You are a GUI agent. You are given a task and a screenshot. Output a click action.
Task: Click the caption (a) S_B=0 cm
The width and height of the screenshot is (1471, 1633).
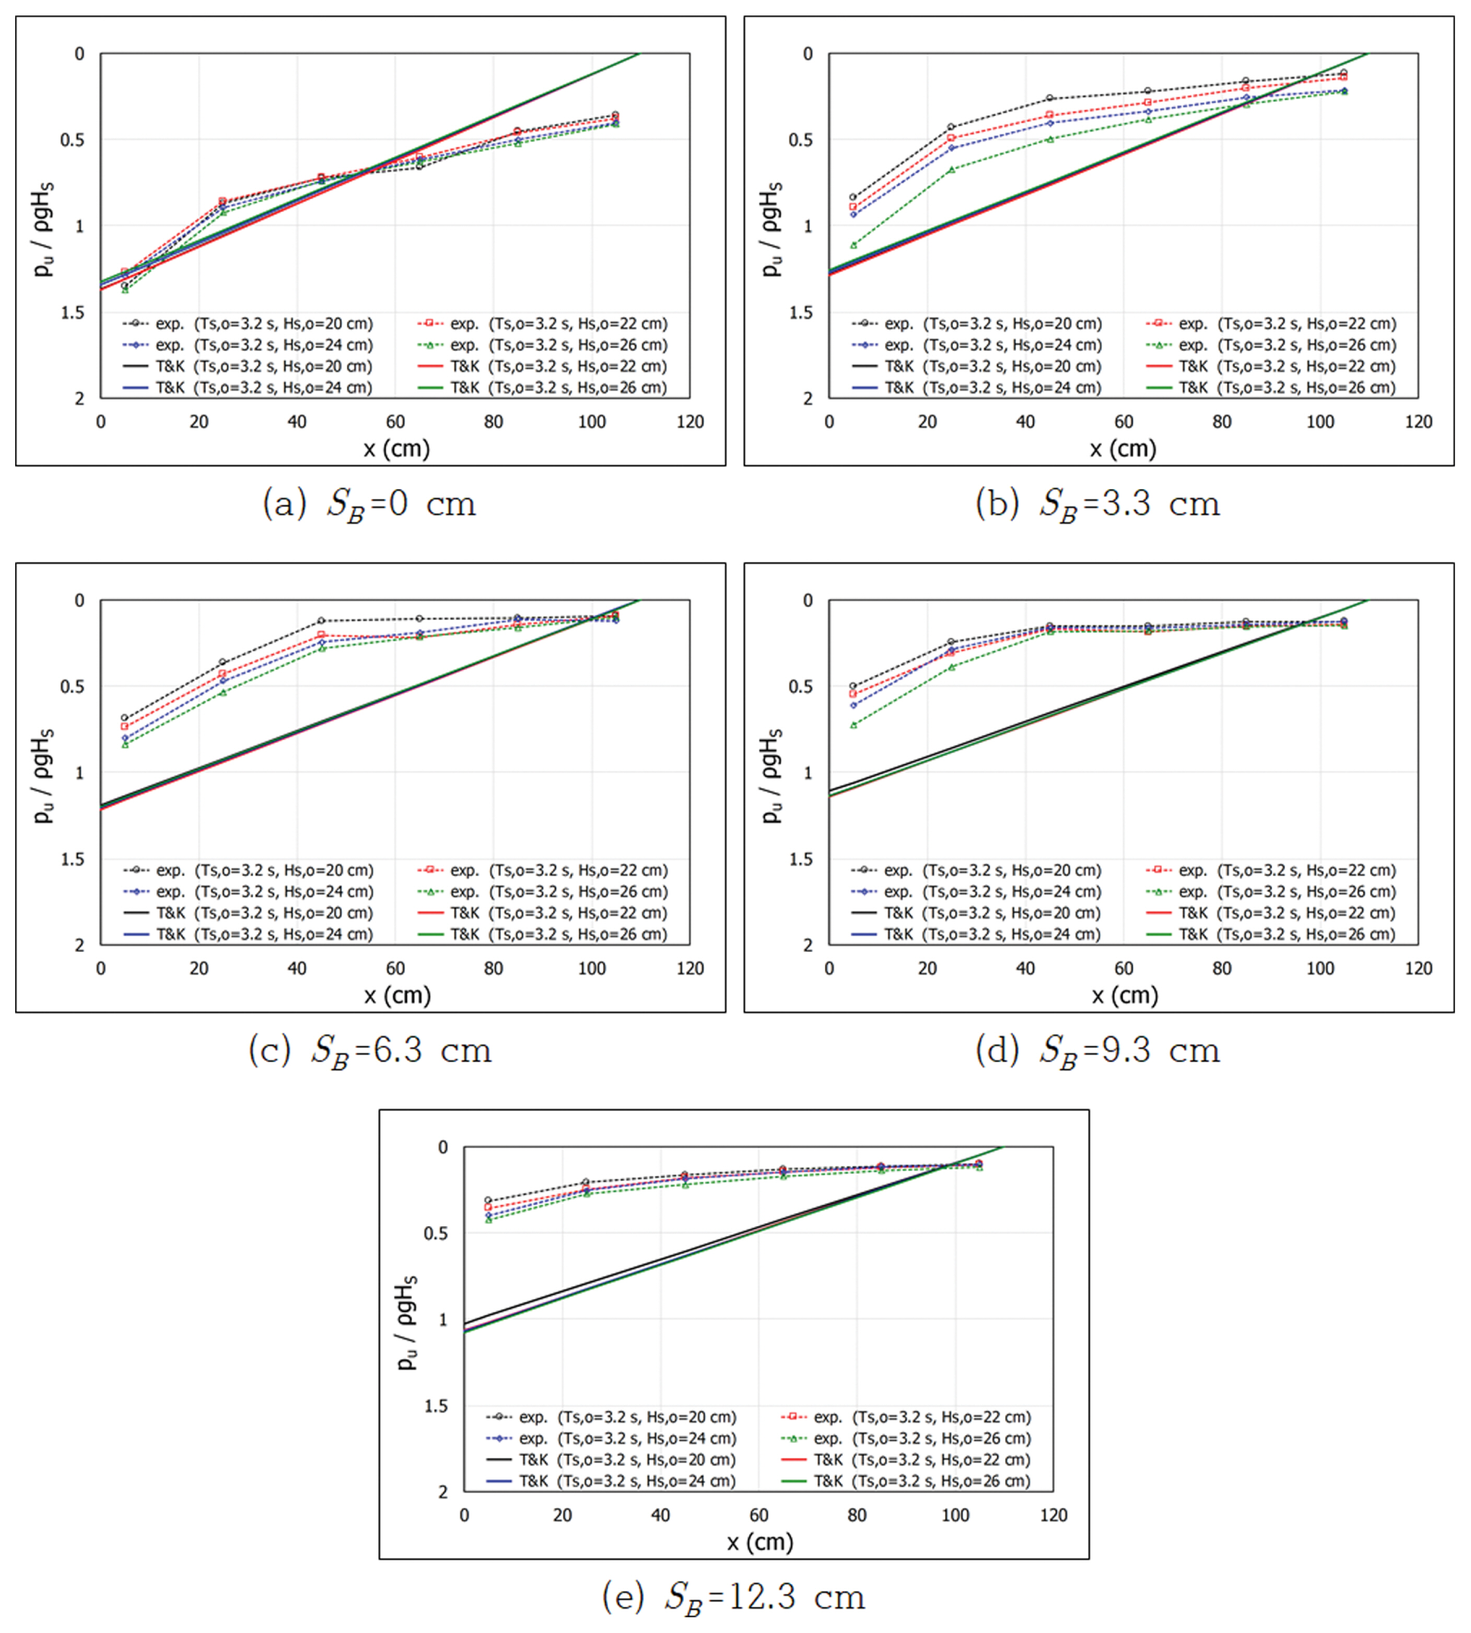[369, 505]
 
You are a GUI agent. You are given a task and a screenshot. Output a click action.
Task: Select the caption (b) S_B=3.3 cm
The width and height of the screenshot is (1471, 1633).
[1098, 505]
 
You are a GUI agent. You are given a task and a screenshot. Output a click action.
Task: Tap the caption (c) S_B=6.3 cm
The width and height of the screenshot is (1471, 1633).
[369, 1051]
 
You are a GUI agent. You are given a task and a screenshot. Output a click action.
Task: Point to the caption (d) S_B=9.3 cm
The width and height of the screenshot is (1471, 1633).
[1098, 1051]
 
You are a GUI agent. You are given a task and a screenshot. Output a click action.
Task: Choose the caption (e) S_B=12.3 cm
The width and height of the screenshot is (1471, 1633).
[733, 1597]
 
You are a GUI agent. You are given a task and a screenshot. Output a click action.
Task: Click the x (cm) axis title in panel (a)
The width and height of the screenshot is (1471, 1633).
[396, 449]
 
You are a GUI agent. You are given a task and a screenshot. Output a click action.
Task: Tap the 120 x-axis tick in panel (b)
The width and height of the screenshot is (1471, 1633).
[1418, 422]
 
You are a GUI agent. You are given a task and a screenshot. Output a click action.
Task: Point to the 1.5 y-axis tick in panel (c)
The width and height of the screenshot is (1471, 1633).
[73, 858]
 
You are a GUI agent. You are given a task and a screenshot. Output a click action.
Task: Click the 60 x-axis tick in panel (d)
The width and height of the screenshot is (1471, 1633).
[1124, 969]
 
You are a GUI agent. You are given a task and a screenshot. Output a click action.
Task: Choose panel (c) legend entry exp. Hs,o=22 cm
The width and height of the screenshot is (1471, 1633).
[542, 871]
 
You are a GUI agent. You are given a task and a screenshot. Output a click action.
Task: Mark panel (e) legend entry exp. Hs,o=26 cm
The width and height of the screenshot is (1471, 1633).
[906, 1439]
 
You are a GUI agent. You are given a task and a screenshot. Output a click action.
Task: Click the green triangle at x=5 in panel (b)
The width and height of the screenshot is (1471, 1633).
[854, 245]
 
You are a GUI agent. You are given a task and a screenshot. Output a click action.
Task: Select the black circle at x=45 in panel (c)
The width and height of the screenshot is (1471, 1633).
[321, 621]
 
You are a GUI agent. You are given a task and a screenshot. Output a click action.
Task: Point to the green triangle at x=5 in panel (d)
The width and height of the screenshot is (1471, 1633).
[854, 725]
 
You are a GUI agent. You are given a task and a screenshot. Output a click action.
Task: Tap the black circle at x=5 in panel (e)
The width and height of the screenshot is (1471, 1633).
[488, 1200]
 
